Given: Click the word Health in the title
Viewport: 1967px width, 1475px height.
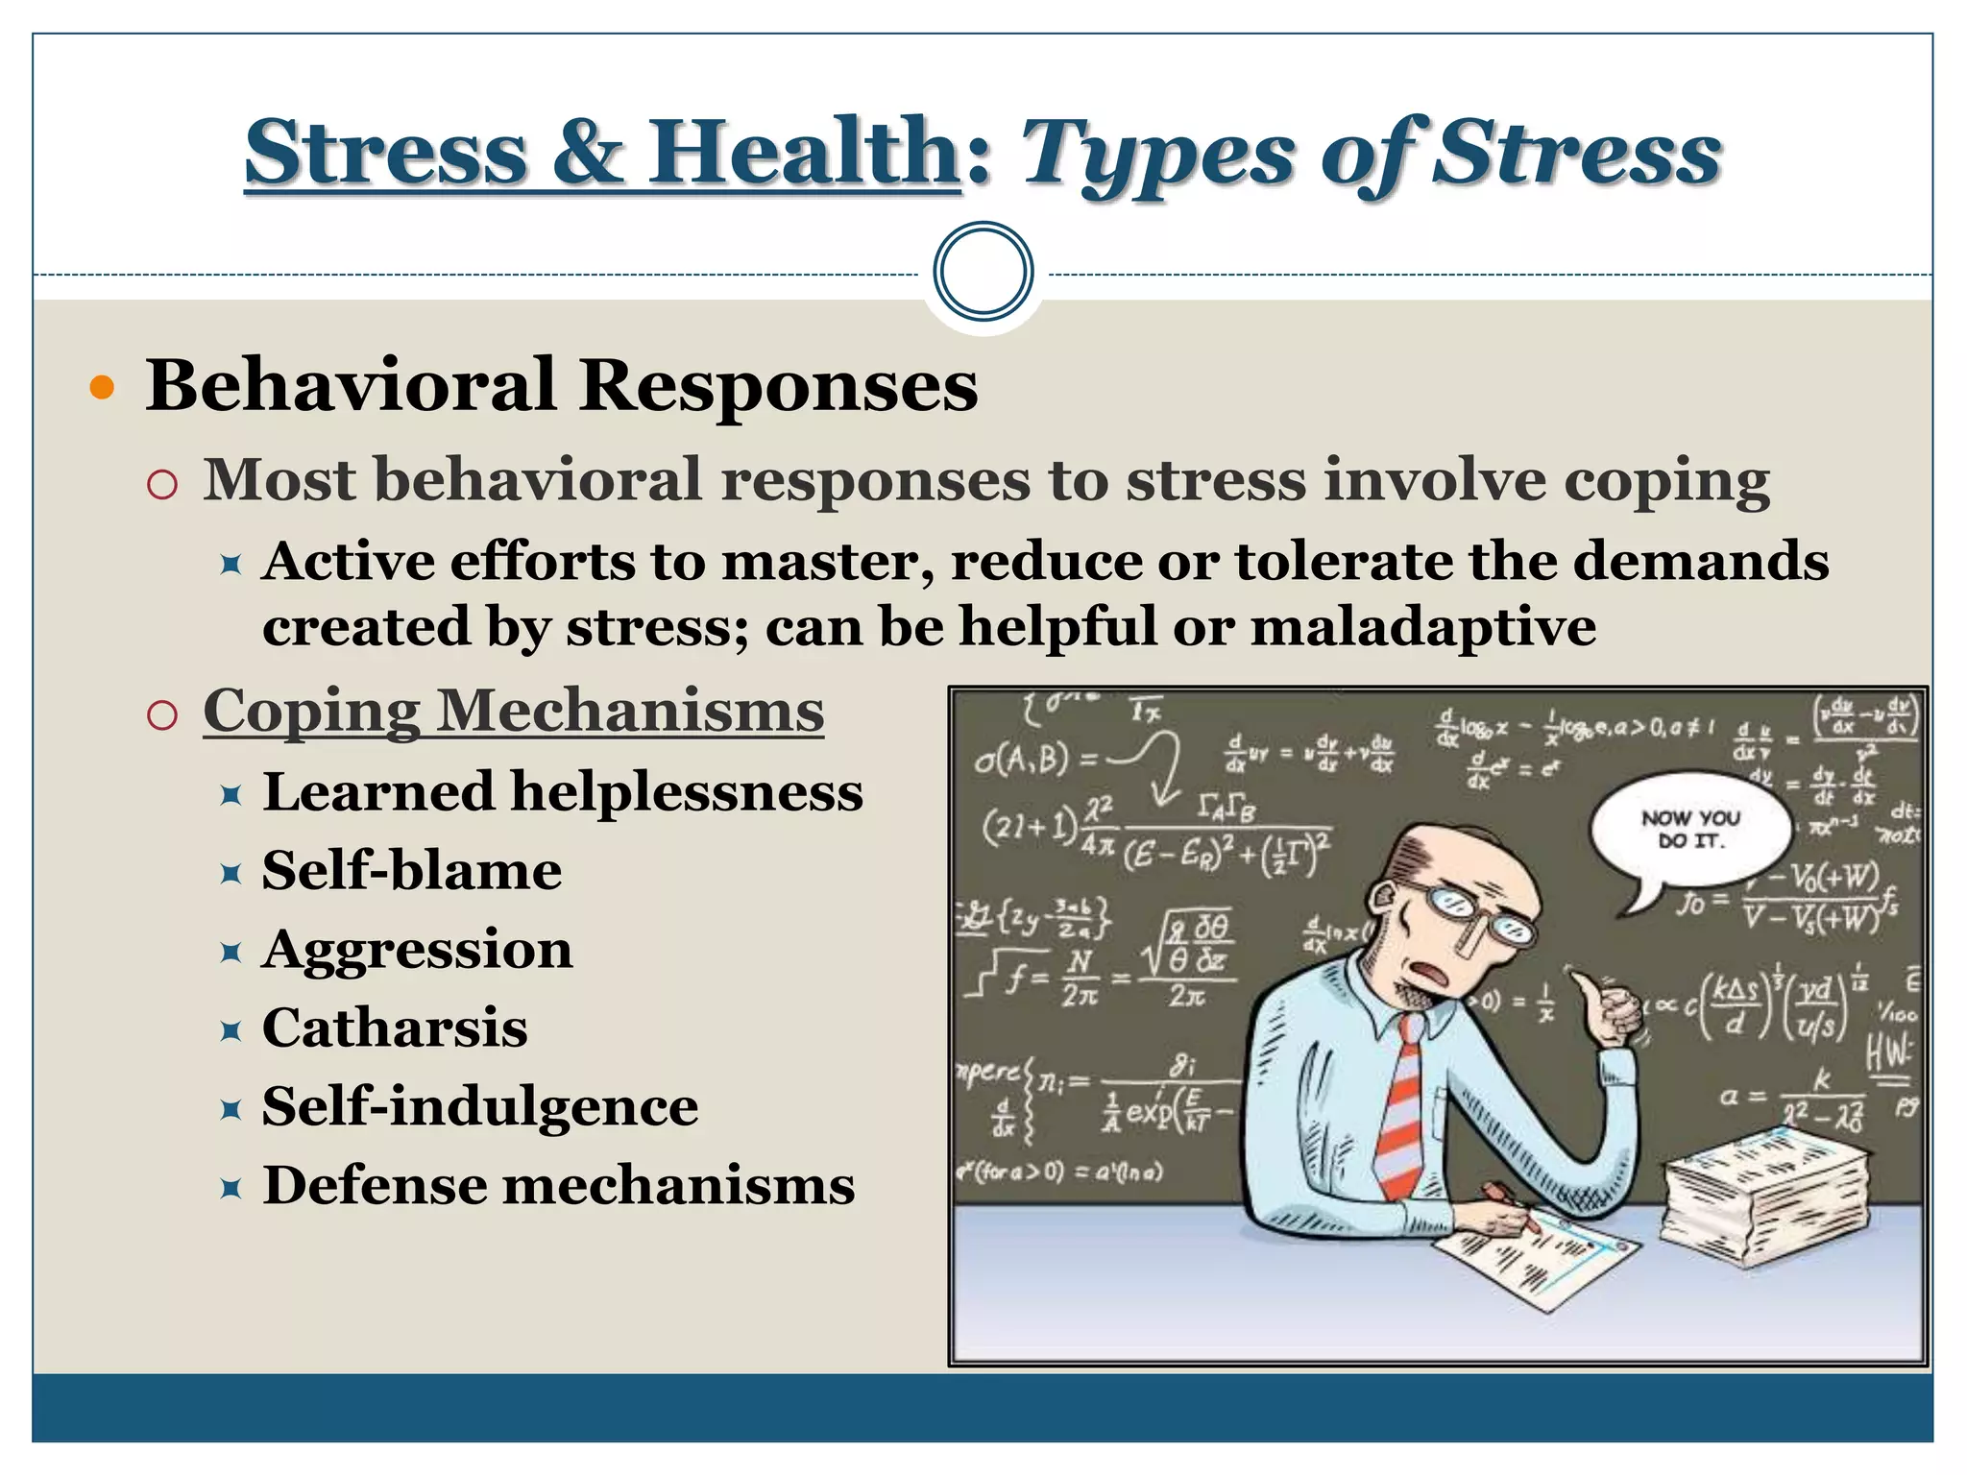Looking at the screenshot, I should coord(803,154).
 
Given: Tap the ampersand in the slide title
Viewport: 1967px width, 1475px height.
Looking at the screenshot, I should coord(587,154).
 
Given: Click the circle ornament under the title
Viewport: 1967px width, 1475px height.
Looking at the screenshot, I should coord(983,272).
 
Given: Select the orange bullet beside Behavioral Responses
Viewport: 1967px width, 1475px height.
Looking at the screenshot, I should coord(101,388).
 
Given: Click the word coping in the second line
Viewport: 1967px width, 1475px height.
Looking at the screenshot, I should coord(1666,480).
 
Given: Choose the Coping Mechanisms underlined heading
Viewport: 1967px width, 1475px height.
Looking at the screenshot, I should coord(513,712).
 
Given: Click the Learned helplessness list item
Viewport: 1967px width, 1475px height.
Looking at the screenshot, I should coord(562,792).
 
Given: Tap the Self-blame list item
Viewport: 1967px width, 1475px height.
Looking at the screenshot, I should coord(412,871).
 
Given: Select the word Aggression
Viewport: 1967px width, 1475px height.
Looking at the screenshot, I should coord(417,950).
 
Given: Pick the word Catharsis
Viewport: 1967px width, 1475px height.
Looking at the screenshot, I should coord(395,1028).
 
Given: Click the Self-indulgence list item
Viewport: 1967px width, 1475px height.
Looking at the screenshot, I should coord(480,1106).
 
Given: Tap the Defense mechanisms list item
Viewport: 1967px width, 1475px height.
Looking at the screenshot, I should coord(558,1185).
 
